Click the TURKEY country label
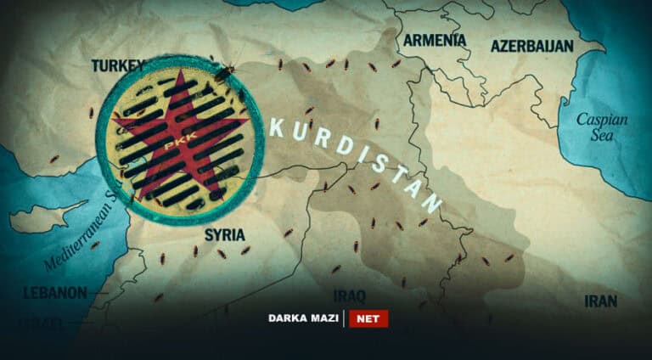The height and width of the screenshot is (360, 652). (118, 65)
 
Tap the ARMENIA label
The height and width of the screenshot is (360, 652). (434, 40)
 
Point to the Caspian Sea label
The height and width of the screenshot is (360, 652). (602, 127)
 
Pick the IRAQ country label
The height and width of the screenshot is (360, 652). (349, 295)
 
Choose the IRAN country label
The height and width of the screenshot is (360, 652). (600, 301)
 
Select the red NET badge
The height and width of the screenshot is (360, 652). (368, 319)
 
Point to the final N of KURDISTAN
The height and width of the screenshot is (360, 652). (433, 204)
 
